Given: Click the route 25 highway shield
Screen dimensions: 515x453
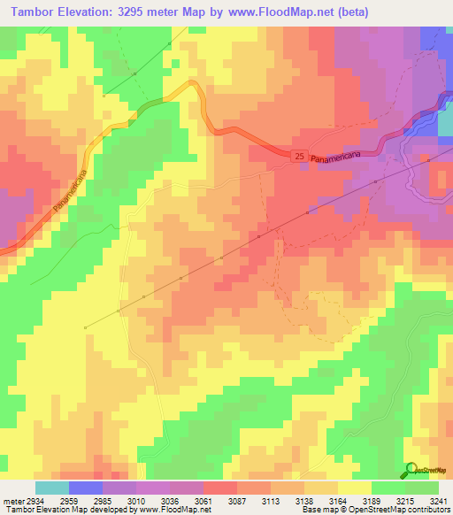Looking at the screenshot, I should click(300, 157).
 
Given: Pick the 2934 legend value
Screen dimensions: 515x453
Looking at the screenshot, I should click(32, 500).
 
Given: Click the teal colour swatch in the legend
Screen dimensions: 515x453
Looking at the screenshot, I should click(52, 488).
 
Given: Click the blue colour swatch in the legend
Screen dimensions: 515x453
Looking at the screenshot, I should click(86, 488).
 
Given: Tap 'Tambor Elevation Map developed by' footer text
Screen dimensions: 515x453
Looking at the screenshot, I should click(58, 510).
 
